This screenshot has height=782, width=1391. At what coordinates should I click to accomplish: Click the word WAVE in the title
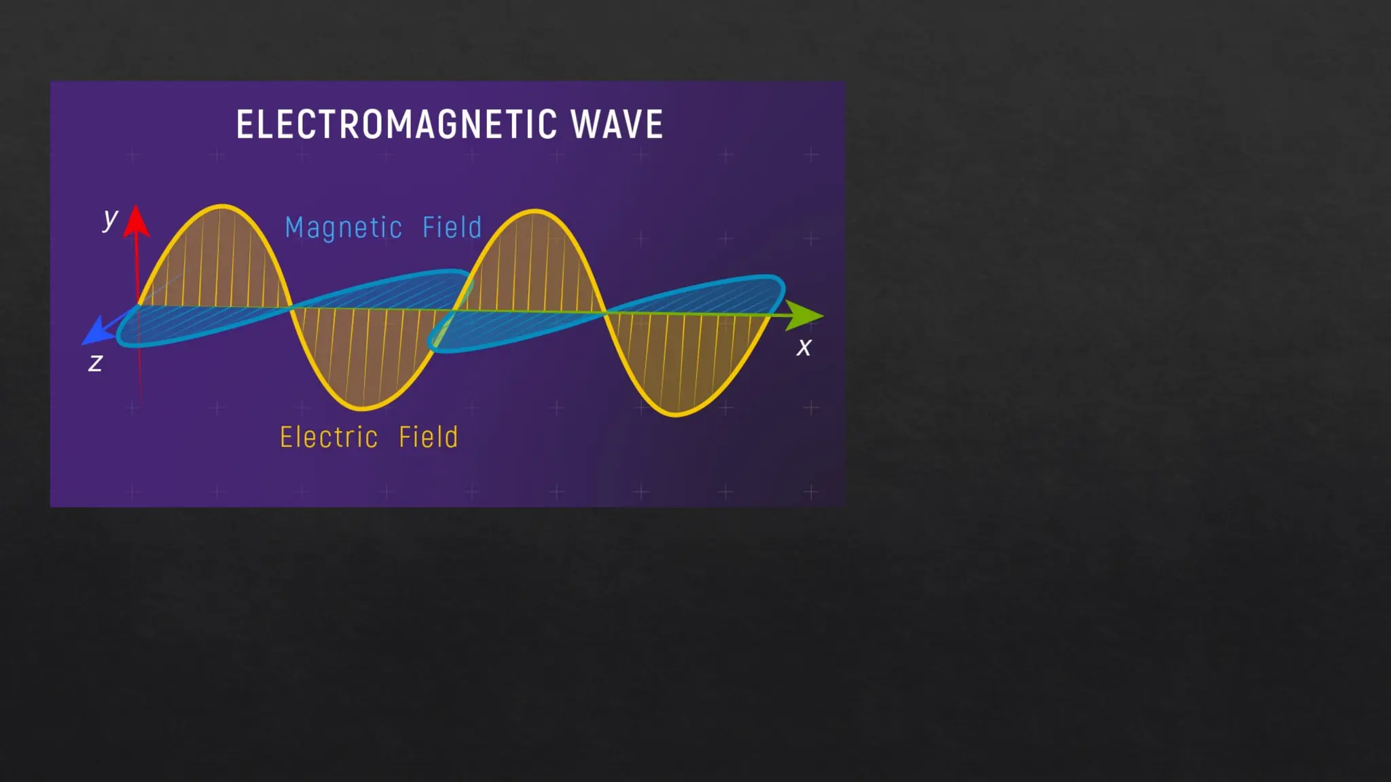point(617,125)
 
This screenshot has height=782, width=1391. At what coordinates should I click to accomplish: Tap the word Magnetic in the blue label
point(344,228)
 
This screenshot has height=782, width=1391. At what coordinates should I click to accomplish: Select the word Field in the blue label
point(452,227)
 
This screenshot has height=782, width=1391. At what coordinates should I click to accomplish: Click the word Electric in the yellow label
point(329,437)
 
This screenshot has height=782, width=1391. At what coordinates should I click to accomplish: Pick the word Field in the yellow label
point(429,437)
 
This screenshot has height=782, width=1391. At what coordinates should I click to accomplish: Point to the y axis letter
point(110,219)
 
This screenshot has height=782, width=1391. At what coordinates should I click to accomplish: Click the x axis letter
point(804,348)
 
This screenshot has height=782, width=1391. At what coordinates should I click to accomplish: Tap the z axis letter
point(96,363)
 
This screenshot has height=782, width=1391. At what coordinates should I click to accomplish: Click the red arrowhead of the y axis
point(137,221)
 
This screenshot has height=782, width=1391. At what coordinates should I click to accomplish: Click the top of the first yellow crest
point(222,206)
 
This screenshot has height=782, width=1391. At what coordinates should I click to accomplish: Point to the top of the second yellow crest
point(535,211)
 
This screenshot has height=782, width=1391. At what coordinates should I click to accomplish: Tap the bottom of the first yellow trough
point(363,409)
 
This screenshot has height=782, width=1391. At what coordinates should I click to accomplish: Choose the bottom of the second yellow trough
point(676,414)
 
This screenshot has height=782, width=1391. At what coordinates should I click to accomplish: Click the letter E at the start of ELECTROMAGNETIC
point(244,125)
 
